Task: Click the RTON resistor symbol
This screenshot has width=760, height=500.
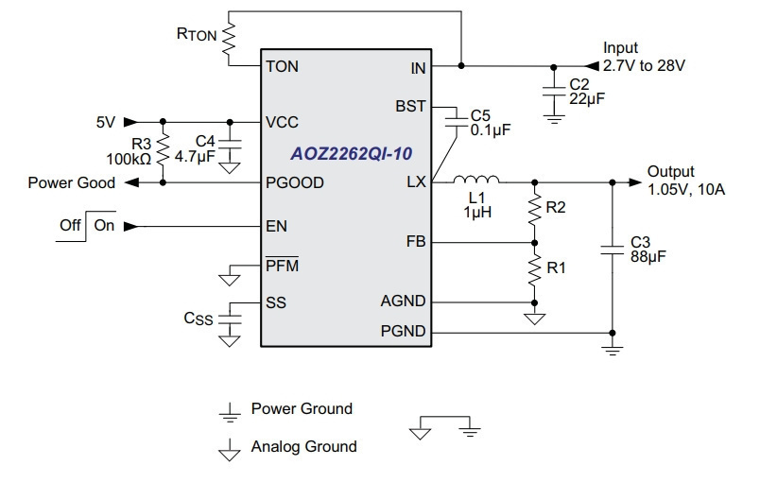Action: pos(229,38)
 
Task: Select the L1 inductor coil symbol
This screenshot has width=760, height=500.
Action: pos(476,180)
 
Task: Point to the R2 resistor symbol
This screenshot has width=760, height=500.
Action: pos(535,208)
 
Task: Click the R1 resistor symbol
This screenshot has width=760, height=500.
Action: pos(535,268)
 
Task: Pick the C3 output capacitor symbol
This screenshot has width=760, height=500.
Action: pos(613,250)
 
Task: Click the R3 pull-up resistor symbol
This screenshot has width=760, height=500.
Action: pos(163,147)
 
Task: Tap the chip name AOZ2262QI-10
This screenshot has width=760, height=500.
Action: pos(352,153)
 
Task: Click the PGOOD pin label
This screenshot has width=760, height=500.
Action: pos(295,182)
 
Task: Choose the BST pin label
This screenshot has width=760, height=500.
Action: pos(410,106)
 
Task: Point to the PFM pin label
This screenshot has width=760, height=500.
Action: pos(282,265)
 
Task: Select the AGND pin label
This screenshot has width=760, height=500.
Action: pos(403,301)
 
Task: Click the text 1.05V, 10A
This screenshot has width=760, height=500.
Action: pos(686,189)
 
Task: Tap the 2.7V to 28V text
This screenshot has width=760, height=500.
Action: pos(644,66)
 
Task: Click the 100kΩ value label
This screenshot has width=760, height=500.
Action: pos(129,159)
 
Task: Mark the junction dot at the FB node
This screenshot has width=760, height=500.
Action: pos(535,243)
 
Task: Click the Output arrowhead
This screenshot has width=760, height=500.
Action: pos(635,182)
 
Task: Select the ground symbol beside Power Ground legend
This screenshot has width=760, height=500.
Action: pos(230,413)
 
